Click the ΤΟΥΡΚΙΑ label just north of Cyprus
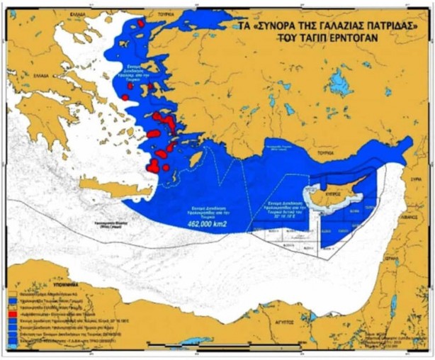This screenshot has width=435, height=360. [x=325, y=152]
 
